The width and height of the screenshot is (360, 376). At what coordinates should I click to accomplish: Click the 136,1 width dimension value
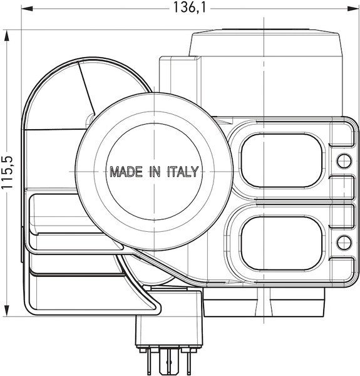click(189, 8)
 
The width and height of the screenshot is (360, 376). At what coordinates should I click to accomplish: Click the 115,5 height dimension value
click(8, 172)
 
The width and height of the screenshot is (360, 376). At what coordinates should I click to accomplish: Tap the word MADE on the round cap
click(126, 172)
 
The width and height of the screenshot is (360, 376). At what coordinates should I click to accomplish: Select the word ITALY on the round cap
click(183, 172)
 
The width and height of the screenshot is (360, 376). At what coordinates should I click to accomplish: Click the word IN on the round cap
click(155, 172)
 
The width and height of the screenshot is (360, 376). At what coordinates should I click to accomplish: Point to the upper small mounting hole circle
click(344, 160)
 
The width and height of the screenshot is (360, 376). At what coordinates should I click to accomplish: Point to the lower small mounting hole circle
click(344, 242)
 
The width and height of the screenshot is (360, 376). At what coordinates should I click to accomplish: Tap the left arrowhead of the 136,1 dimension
click(27, 9)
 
